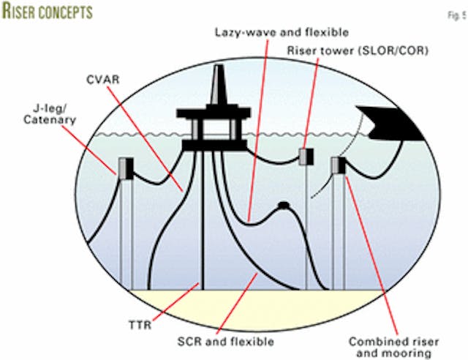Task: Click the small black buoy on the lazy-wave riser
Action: click(282, 206)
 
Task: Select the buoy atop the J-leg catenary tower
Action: click(125, 168)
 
